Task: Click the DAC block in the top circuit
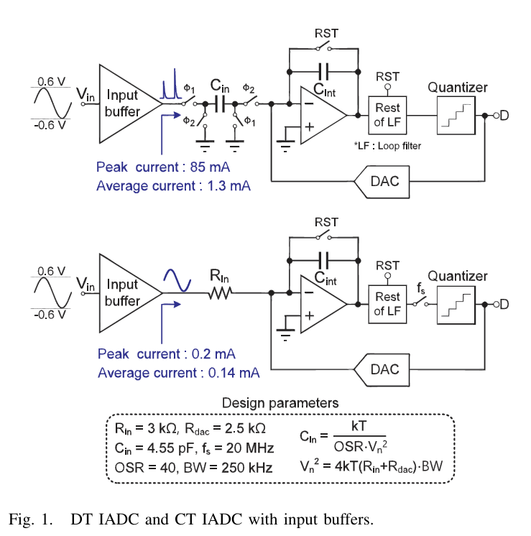382,182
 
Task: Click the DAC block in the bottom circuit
382,370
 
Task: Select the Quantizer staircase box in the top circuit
456,116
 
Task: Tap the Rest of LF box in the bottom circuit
387,304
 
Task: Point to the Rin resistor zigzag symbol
221,293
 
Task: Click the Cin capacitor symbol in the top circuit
220,103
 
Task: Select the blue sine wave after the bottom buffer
177,281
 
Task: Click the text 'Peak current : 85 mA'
163,167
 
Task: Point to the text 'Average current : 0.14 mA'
179,373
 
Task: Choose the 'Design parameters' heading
280,403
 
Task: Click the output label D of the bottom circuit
504,304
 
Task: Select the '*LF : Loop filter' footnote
387,146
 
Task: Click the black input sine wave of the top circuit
52,103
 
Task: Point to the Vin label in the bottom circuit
85,284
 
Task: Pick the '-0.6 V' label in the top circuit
50,126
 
